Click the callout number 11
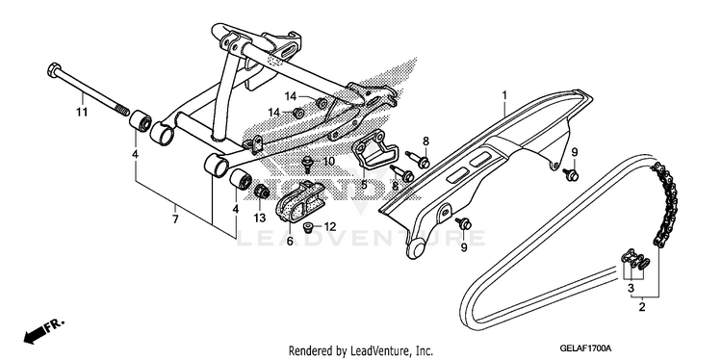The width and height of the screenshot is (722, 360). click(82, 112)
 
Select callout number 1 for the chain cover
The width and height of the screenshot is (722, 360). click(504, 95)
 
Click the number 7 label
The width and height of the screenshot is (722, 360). click(175, 219)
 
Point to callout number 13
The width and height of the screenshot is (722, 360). click(260, 218)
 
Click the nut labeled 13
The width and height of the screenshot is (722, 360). click(262, 191)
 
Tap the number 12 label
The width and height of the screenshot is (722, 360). click(329, 227)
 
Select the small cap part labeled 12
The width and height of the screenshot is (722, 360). click(309, 227)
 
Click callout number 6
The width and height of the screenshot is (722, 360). click(290, 242)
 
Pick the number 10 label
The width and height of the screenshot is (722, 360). click(328, 161)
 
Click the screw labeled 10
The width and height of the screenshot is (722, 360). click(306, 163)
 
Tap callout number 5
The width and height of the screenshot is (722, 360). click(364, 185)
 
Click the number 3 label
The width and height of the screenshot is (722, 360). click(631, 289)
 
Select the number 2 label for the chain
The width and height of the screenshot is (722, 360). click(642, 307)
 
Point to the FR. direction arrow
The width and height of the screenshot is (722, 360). click(43, 330)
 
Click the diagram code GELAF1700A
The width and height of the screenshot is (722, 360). click(585, 347)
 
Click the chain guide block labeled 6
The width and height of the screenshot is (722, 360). click(299, 201)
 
